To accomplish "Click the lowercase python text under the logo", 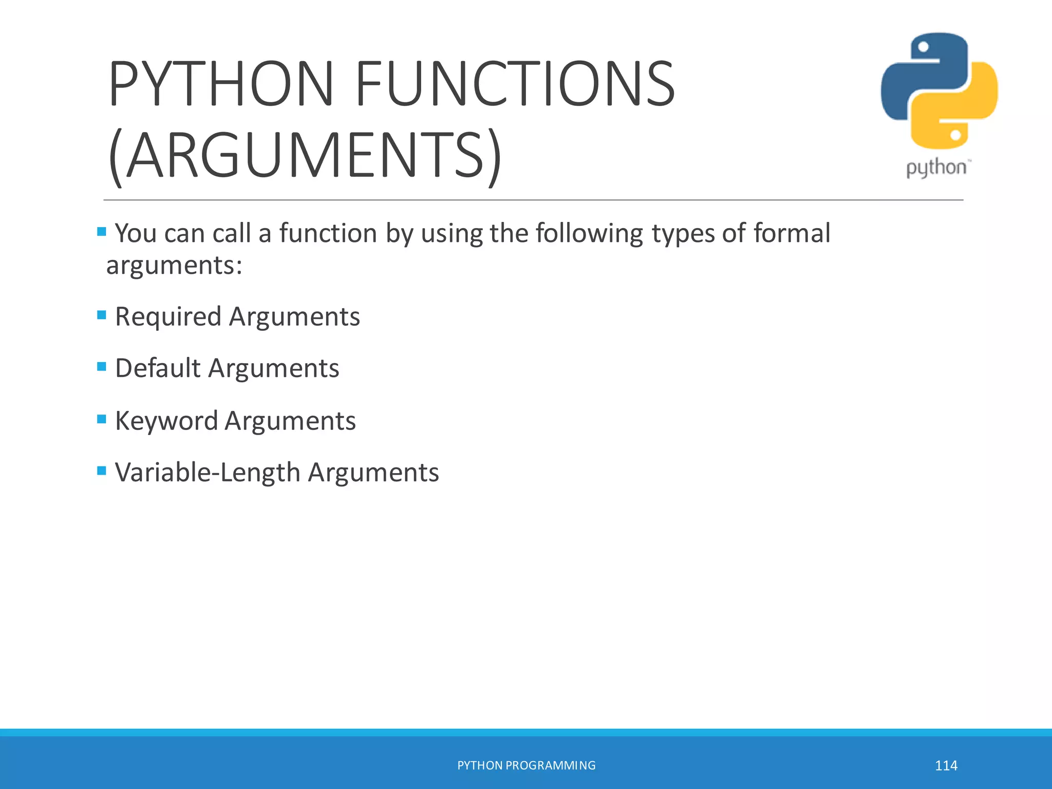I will (x=936, y=168).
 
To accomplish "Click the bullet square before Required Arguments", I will (x=102, y=314).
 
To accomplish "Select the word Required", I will (x=168, y=317).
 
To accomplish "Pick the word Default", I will (x=158, y=368).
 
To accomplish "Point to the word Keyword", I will (x=166, y=421).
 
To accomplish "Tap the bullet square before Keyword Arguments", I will (x=102, y=419).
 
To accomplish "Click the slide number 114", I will (x=946, y=766).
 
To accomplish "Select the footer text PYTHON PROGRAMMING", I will (x=526, y=765).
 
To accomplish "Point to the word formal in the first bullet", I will (x=792, y=234).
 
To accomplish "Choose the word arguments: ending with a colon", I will (x=174, y=266).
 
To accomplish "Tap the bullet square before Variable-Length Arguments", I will (x=102, y=470).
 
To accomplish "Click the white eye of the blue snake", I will (x=923, y=47).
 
